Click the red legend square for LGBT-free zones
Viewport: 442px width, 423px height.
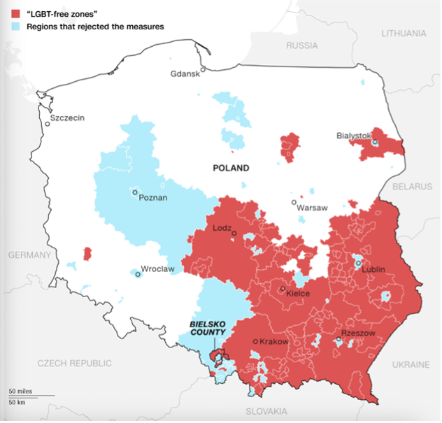click(x=13, y=13)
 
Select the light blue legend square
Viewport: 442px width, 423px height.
click(x=13, y=27)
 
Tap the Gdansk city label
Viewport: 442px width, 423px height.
click(x=185, y=76)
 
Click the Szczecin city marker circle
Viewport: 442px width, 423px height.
click(x=48, y=124)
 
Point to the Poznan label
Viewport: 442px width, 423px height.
click(x=153, y=198)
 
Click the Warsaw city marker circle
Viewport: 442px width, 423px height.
click(x=294, y=202)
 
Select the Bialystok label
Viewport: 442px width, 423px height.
click(x=353, y=135)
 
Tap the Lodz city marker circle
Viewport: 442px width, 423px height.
click(x=234, y=234)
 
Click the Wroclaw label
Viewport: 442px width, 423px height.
click(x=157, y=268)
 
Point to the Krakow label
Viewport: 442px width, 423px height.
click(x=273, y=341)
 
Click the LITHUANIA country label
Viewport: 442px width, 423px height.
click(x=403, y=33)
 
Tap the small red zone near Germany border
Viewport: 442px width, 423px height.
click(x=87, y=253)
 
